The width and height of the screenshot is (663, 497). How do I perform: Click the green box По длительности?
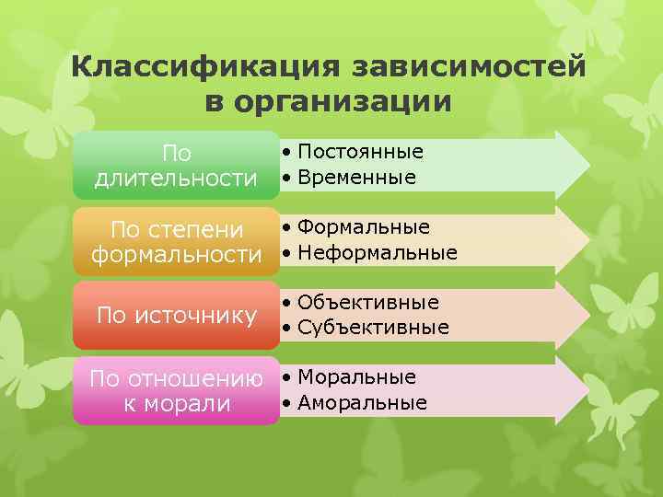click(x=176, y=165)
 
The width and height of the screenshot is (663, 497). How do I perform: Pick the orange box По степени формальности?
click(x=176, y=240)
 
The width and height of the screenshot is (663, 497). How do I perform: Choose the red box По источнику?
click(x=176, y=316)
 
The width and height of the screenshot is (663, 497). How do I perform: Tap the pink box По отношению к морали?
click(x=176, y=391)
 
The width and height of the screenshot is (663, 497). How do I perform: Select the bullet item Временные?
click(x=356, y=177)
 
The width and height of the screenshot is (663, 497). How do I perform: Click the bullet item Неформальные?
click(x=377, y=252)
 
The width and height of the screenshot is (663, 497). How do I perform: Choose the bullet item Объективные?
click(x=368, y=303)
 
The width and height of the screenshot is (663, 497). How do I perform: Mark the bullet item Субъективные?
click(x=373, y=328)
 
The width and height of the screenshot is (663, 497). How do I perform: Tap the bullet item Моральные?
click(x=356, y=377)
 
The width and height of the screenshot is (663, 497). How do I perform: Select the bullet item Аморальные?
click(x=362, y=403)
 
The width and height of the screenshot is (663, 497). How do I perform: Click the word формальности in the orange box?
click(x=177, y=253)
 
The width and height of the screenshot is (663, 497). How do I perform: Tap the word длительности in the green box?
click(x=176, y=178)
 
